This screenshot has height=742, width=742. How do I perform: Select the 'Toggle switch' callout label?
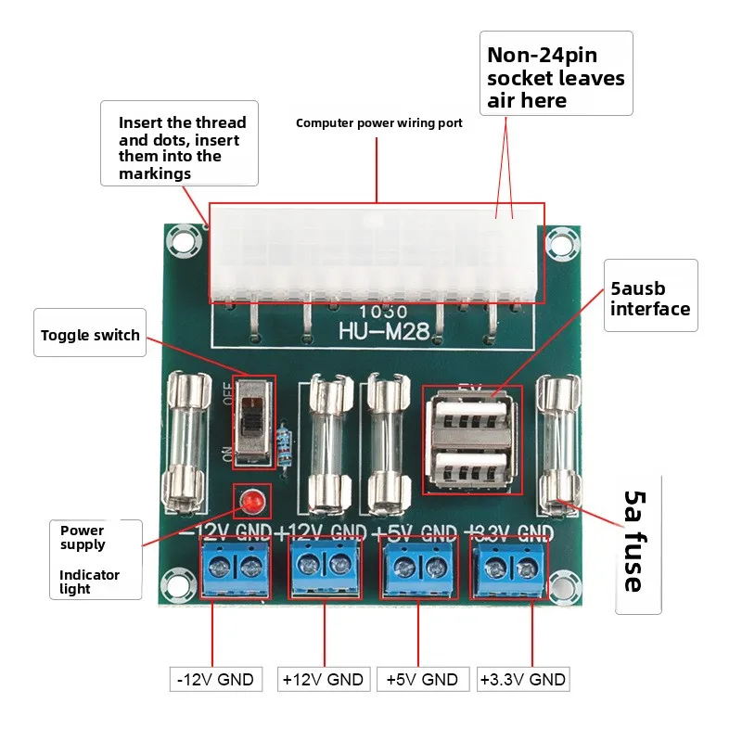pos(91,335)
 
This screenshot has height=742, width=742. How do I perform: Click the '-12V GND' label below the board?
pos(215,679)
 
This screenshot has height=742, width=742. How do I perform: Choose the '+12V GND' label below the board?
pos(324,679)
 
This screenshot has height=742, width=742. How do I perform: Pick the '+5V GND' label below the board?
pos(422,679)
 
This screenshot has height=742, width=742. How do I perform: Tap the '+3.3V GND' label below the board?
pos(522,679)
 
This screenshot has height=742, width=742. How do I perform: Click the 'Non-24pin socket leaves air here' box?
pos(556,73)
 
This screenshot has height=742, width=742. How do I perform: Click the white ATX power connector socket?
pos(377,253)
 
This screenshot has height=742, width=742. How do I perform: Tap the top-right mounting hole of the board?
pos(558,241)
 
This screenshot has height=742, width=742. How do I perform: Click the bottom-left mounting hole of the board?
pos(174,585)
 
